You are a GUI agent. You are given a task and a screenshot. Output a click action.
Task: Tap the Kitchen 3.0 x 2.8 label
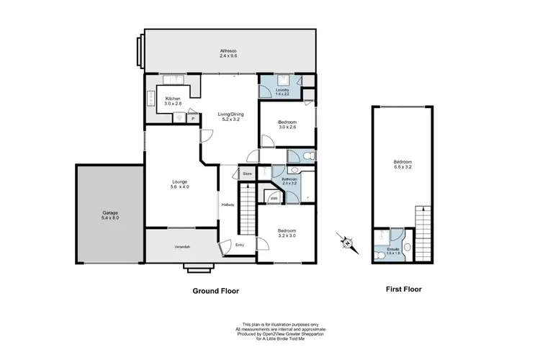point(172,101)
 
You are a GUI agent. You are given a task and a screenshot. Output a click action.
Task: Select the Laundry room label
point(282,91)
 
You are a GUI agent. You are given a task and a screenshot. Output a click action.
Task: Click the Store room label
point(246,174)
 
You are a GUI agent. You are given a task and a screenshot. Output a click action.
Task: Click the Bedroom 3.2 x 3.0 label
point(287,233)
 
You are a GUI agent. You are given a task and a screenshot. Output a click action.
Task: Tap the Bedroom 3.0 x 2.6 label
point(287,125)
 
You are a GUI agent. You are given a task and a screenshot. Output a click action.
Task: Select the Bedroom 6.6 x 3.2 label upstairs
point(403,164)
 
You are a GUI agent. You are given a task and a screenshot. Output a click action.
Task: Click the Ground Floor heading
point(215,292)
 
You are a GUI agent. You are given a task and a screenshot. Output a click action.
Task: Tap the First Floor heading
point(403,289)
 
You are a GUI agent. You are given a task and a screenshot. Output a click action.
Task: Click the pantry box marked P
point(192,118)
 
